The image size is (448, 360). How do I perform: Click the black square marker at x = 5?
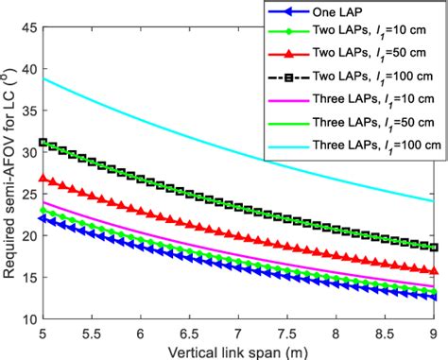click(43, 143)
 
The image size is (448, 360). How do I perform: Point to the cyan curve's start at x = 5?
click(43, 78)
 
